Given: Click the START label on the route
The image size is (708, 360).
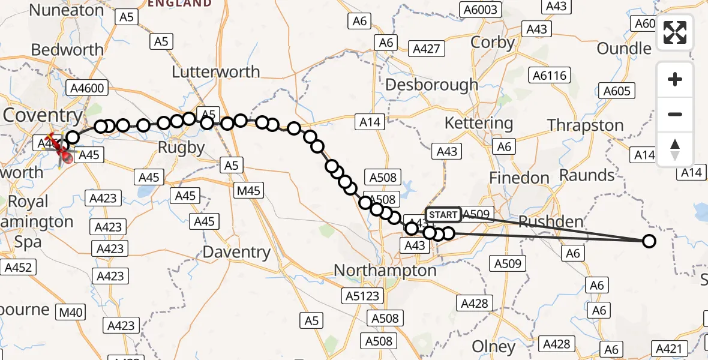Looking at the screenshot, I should pyautogui.click(x=443, y=215).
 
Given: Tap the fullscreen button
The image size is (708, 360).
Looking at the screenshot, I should pyautogui.click(x=675, y=32).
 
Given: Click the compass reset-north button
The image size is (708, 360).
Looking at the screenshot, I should pyautogui.click(x=675, y=149).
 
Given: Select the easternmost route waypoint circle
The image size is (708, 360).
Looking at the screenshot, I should pyautogui.click(x=649, y=241).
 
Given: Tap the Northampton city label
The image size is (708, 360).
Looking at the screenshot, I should pyautogui.click(x=385, y=271).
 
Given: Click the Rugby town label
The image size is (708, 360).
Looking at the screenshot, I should pyautogui.click(x=180, y=147).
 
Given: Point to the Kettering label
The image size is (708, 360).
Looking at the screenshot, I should pyautogui.click(x=478, y=124).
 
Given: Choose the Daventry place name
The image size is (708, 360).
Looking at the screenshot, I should pyautogui.click(x=236, y=252).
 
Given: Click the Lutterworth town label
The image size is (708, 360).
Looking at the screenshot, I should pyautogui.click(x=216, y=72).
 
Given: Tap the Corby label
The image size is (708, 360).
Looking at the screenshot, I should pyautogui.click(x=493, y=43).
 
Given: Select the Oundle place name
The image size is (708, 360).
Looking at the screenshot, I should pyautogui.click(x=624, y=49).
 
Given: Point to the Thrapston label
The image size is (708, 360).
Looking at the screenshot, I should pyautogui.click(x=585, y=125).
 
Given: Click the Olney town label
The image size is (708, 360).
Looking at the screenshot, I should pyautogui.click(x=493, y=346).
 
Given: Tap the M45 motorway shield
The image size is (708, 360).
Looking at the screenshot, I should pyautogui.click(x=248, y=190).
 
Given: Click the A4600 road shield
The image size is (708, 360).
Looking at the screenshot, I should pyautogui.click(x=86, y=89).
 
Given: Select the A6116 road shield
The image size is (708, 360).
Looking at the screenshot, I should pyautogui.click(x=549, y=75).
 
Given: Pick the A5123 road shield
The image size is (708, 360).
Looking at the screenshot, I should pyautogui.click(x=362, y=296).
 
